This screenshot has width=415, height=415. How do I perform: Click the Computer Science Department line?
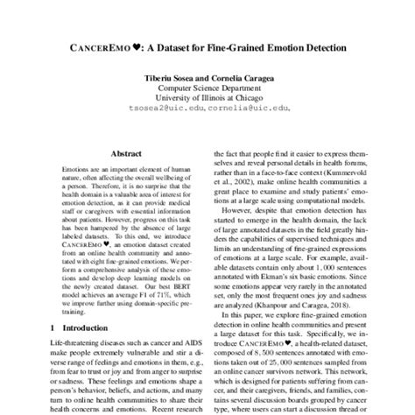coord(207,88)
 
